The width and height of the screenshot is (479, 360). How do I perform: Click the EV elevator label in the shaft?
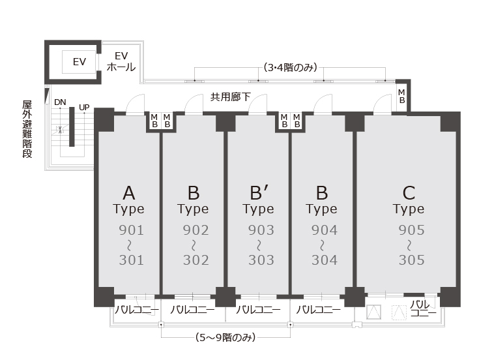(x=80, y=62)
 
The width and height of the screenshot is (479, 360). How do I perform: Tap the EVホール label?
(x=121, y=61)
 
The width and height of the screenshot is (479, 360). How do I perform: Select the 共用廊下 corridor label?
(x=230, y=97)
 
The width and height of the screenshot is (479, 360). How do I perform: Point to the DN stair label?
(x=60, y=102)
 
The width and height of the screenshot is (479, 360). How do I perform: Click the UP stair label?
(x=84, y=108)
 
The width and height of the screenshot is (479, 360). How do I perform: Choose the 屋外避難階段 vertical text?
(x=27, y=129)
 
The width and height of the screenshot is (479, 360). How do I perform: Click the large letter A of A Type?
(x=129, y=193)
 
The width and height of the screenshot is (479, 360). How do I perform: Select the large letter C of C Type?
(x=409, y=193)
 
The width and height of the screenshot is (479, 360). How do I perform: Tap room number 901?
(x=132, y=230)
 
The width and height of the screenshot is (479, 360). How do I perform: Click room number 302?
(x=196, y=260)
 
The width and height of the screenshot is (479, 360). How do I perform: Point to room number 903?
(x=261, y=230)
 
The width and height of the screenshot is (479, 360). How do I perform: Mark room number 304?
(x=325, y=260)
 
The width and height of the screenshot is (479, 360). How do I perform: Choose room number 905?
(x=411, y=230)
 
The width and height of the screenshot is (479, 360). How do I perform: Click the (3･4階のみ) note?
(x=290, y=67)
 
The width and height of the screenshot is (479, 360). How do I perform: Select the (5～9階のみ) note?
(x=225, y=338)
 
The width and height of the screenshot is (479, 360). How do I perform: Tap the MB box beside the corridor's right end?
(x=401, y=97)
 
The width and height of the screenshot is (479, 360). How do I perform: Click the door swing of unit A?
(x=136, y=104)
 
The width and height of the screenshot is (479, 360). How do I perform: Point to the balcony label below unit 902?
(x=192, y=310)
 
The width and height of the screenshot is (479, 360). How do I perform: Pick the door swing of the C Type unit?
(x=382, y=104)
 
